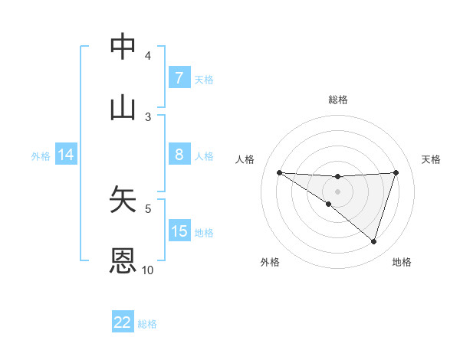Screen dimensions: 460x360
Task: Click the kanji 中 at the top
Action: pos(123,47)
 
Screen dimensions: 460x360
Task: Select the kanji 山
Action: pos(123,108)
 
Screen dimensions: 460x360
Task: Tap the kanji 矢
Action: pos(123,199)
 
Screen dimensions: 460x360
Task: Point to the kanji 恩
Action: pos(123,260)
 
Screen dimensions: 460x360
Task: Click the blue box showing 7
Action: pos(179,77)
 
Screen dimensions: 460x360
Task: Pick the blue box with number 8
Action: pos(179,154)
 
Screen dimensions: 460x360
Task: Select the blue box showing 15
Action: pos(179,231)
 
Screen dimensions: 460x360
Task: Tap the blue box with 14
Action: pos(66,155)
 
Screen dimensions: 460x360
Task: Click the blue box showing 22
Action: pos(123,322)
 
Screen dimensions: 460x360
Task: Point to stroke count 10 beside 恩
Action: pos(147,270)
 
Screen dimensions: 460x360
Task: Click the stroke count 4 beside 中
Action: pos(148,55)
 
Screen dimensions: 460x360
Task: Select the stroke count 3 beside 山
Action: pos(148,116)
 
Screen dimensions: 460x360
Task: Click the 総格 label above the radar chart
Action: pos(337,100)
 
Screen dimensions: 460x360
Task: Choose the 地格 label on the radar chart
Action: pos(402,262)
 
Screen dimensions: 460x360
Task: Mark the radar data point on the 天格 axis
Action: pos(396,172)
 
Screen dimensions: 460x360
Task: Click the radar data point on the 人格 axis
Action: pos(279,172)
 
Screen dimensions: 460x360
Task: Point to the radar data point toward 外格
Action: pos(328,204)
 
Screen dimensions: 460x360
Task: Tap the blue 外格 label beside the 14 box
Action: pos(41,155)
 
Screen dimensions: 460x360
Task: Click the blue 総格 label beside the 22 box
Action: pos(147,323)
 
